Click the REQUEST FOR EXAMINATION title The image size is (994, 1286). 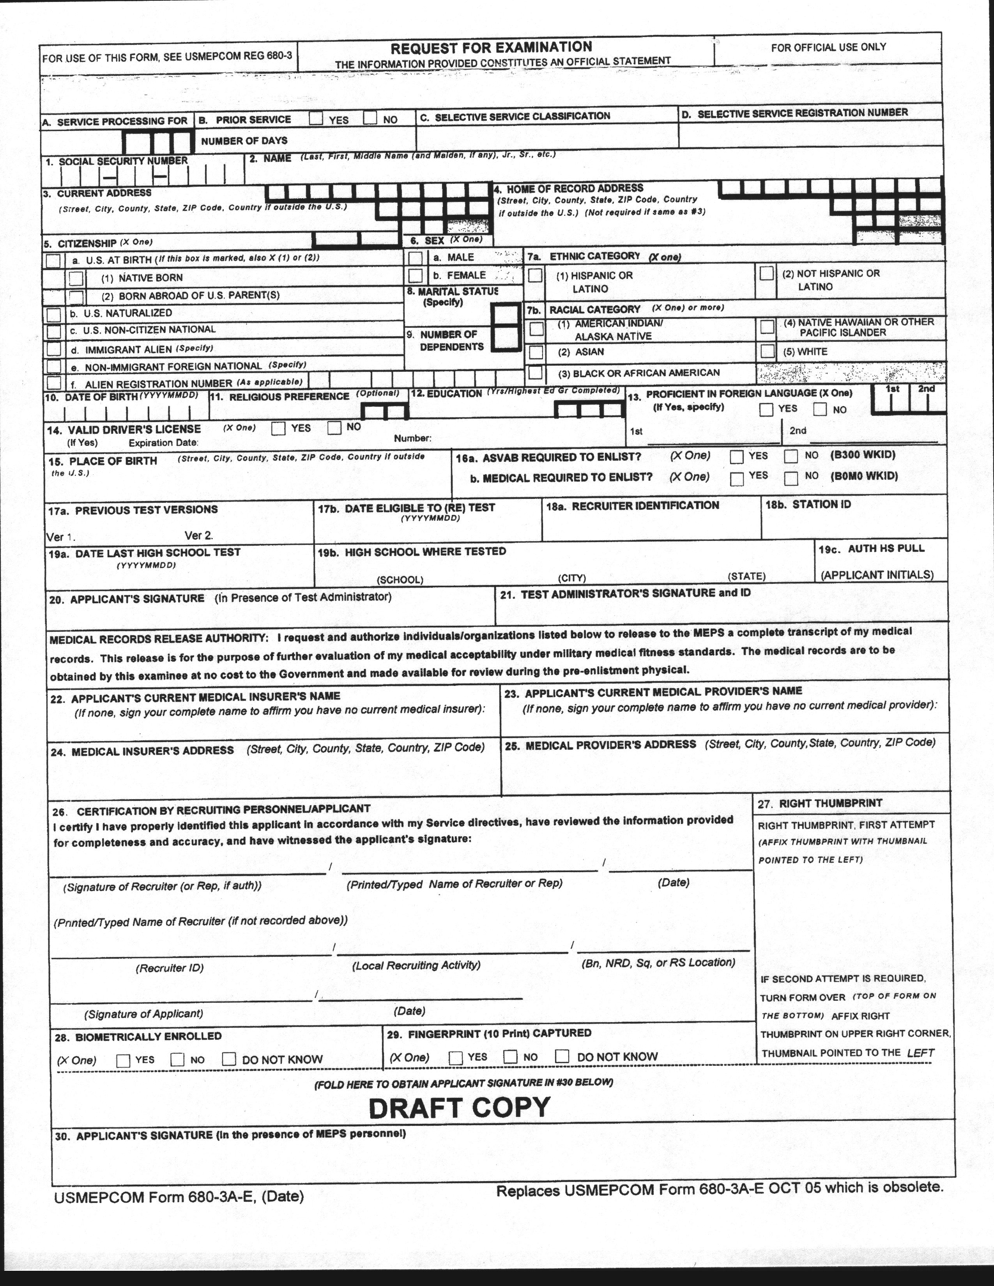(491, 48)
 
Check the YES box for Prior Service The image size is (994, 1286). (316, 118)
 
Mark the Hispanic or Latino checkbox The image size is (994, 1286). (535, 275)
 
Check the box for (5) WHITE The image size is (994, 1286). (767, 351)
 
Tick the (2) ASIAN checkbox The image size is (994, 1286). (536, 352)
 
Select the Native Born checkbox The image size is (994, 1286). (76, 277)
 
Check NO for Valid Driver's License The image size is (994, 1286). (334, 427)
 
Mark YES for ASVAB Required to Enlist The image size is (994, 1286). (736, 457)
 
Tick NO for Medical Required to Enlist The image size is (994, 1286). (791, 477)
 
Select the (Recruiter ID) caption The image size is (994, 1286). (170, 968)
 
